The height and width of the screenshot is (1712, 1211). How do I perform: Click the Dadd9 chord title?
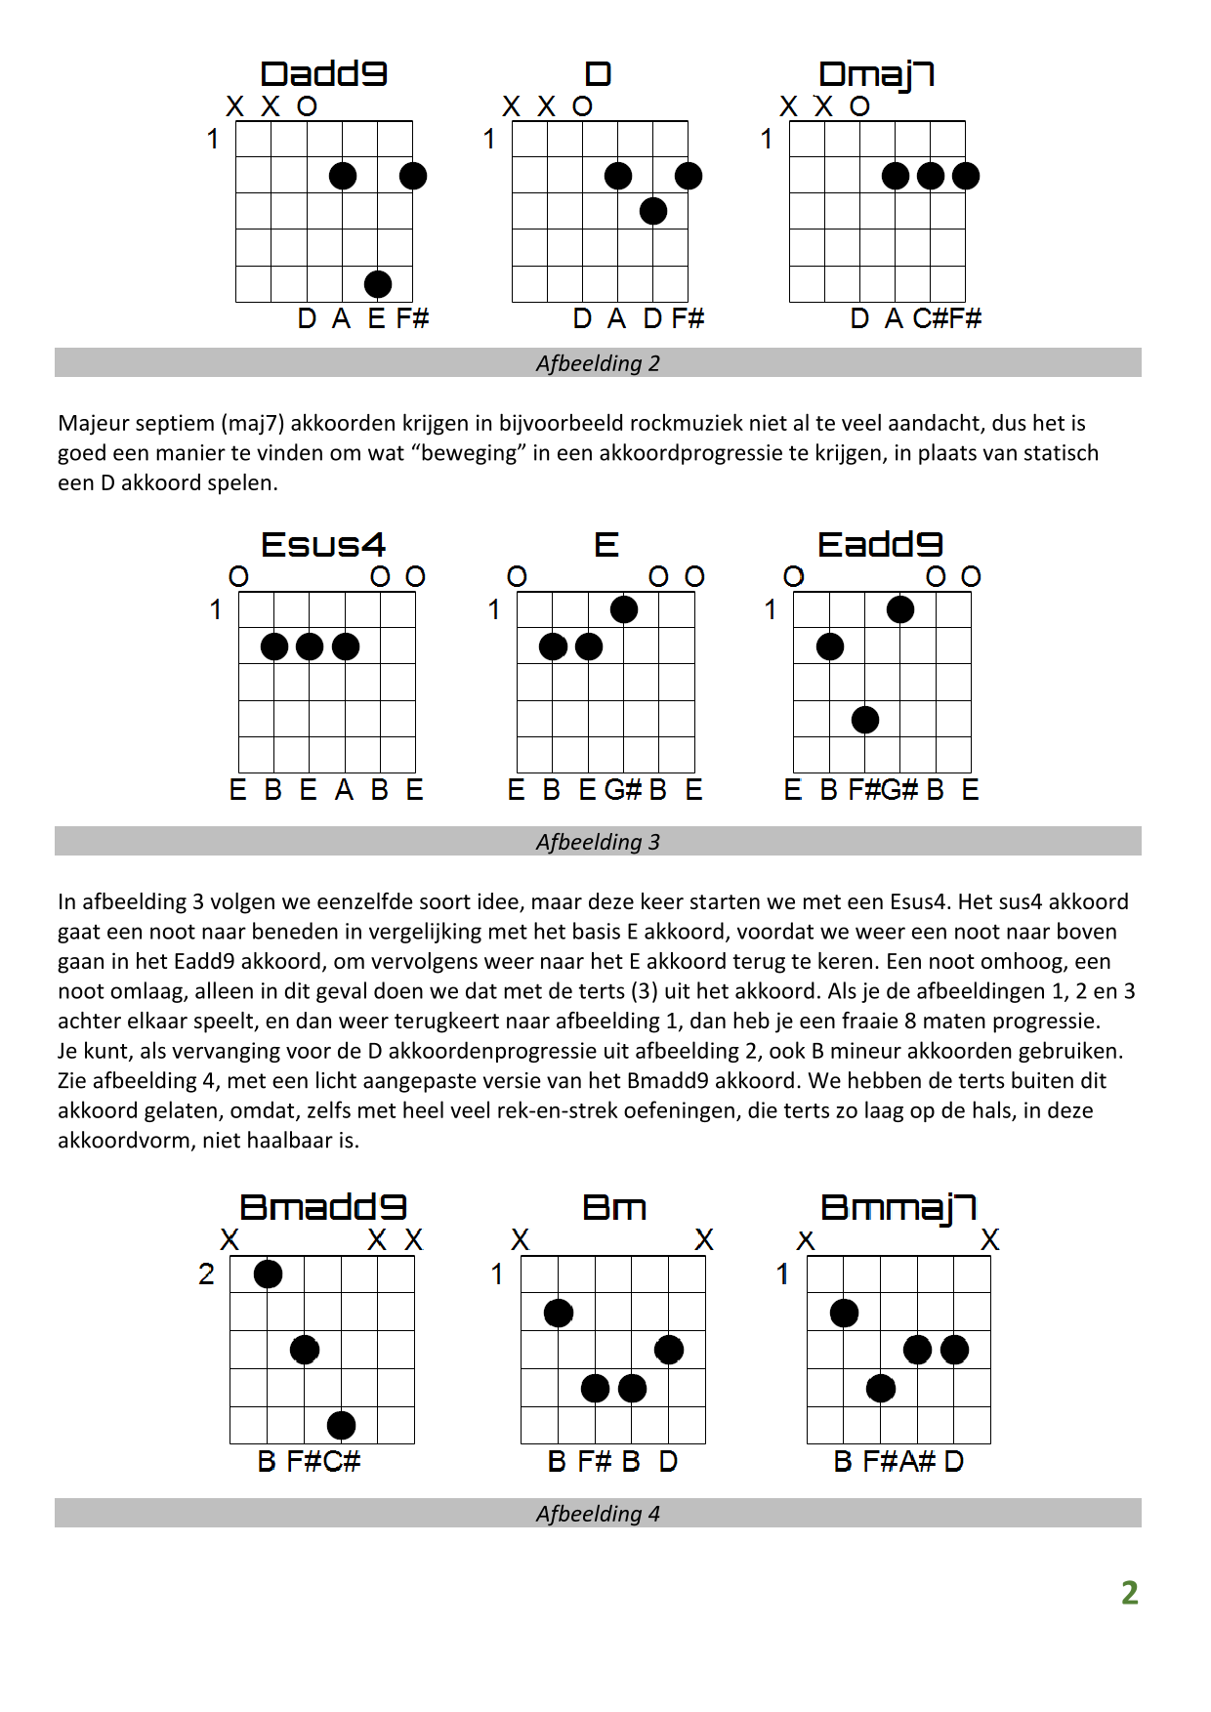(323, 74)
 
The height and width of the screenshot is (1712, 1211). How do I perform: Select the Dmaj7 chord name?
(876, 74)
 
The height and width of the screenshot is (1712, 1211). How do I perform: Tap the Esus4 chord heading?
(323, 545)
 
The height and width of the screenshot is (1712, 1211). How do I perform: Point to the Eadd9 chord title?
(880, 545)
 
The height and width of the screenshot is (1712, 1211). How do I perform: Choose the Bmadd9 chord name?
(322, 1207)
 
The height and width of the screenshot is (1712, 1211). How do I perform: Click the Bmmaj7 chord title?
(898, 1207)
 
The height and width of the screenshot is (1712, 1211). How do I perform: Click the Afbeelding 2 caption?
(598, 363)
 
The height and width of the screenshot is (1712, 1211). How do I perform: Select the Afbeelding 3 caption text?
(598, 842)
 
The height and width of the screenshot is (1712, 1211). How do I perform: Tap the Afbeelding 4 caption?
(598, 1514)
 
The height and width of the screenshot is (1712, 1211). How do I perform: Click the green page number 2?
(1130, 1593)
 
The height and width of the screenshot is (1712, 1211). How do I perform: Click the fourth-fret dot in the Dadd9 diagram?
(378, 284)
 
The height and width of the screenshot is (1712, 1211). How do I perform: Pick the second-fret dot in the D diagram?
(653, 211)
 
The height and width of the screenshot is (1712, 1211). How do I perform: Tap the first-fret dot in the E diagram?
(624, 609)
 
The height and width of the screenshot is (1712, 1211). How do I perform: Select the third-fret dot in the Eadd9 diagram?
(865, 720)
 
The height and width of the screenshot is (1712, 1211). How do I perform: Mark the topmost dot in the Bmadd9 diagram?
(268, 1274)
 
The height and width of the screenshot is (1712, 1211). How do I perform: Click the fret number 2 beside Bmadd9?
(206, 1274)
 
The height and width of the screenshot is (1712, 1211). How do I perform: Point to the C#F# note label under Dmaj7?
(947, 318)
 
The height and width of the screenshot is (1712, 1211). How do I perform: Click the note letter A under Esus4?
(344, 790)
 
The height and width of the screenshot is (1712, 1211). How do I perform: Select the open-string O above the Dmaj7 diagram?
(859, 106)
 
